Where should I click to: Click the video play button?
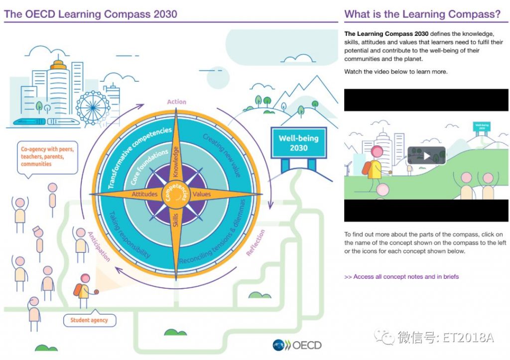426,156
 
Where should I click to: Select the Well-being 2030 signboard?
299,143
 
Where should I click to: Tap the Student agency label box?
90,320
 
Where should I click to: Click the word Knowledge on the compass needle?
176,162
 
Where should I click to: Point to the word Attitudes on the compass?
144,194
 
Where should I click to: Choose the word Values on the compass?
202,194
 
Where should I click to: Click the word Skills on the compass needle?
176,220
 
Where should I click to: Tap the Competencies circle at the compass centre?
176,195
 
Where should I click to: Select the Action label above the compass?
177,102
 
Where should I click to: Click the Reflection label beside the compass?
255,242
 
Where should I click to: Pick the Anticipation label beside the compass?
99,246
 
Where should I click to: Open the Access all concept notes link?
401,277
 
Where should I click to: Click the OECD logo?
297,345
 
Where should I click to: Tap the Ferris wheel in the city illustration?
93,108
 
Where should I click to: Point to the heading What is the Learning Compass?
422,14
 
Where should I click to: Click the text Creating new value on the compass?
222,155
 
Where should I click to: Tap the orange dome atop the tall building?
59,65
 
